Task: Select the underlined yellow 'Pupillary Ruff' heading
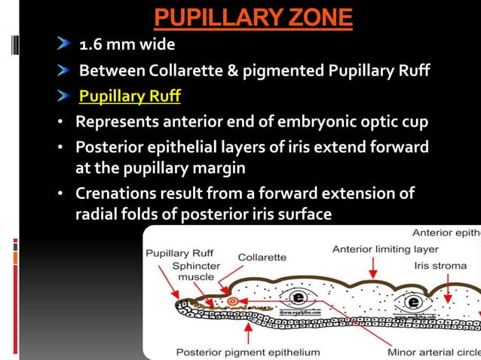coord(130,97)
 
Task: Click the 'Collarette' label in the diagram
coord(262,257)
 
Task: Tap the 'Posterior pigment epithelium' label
coord(248,352)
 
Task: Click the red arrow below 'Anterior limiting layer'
coord(372,268)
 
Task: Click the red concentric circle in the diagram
coord(232,301)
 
